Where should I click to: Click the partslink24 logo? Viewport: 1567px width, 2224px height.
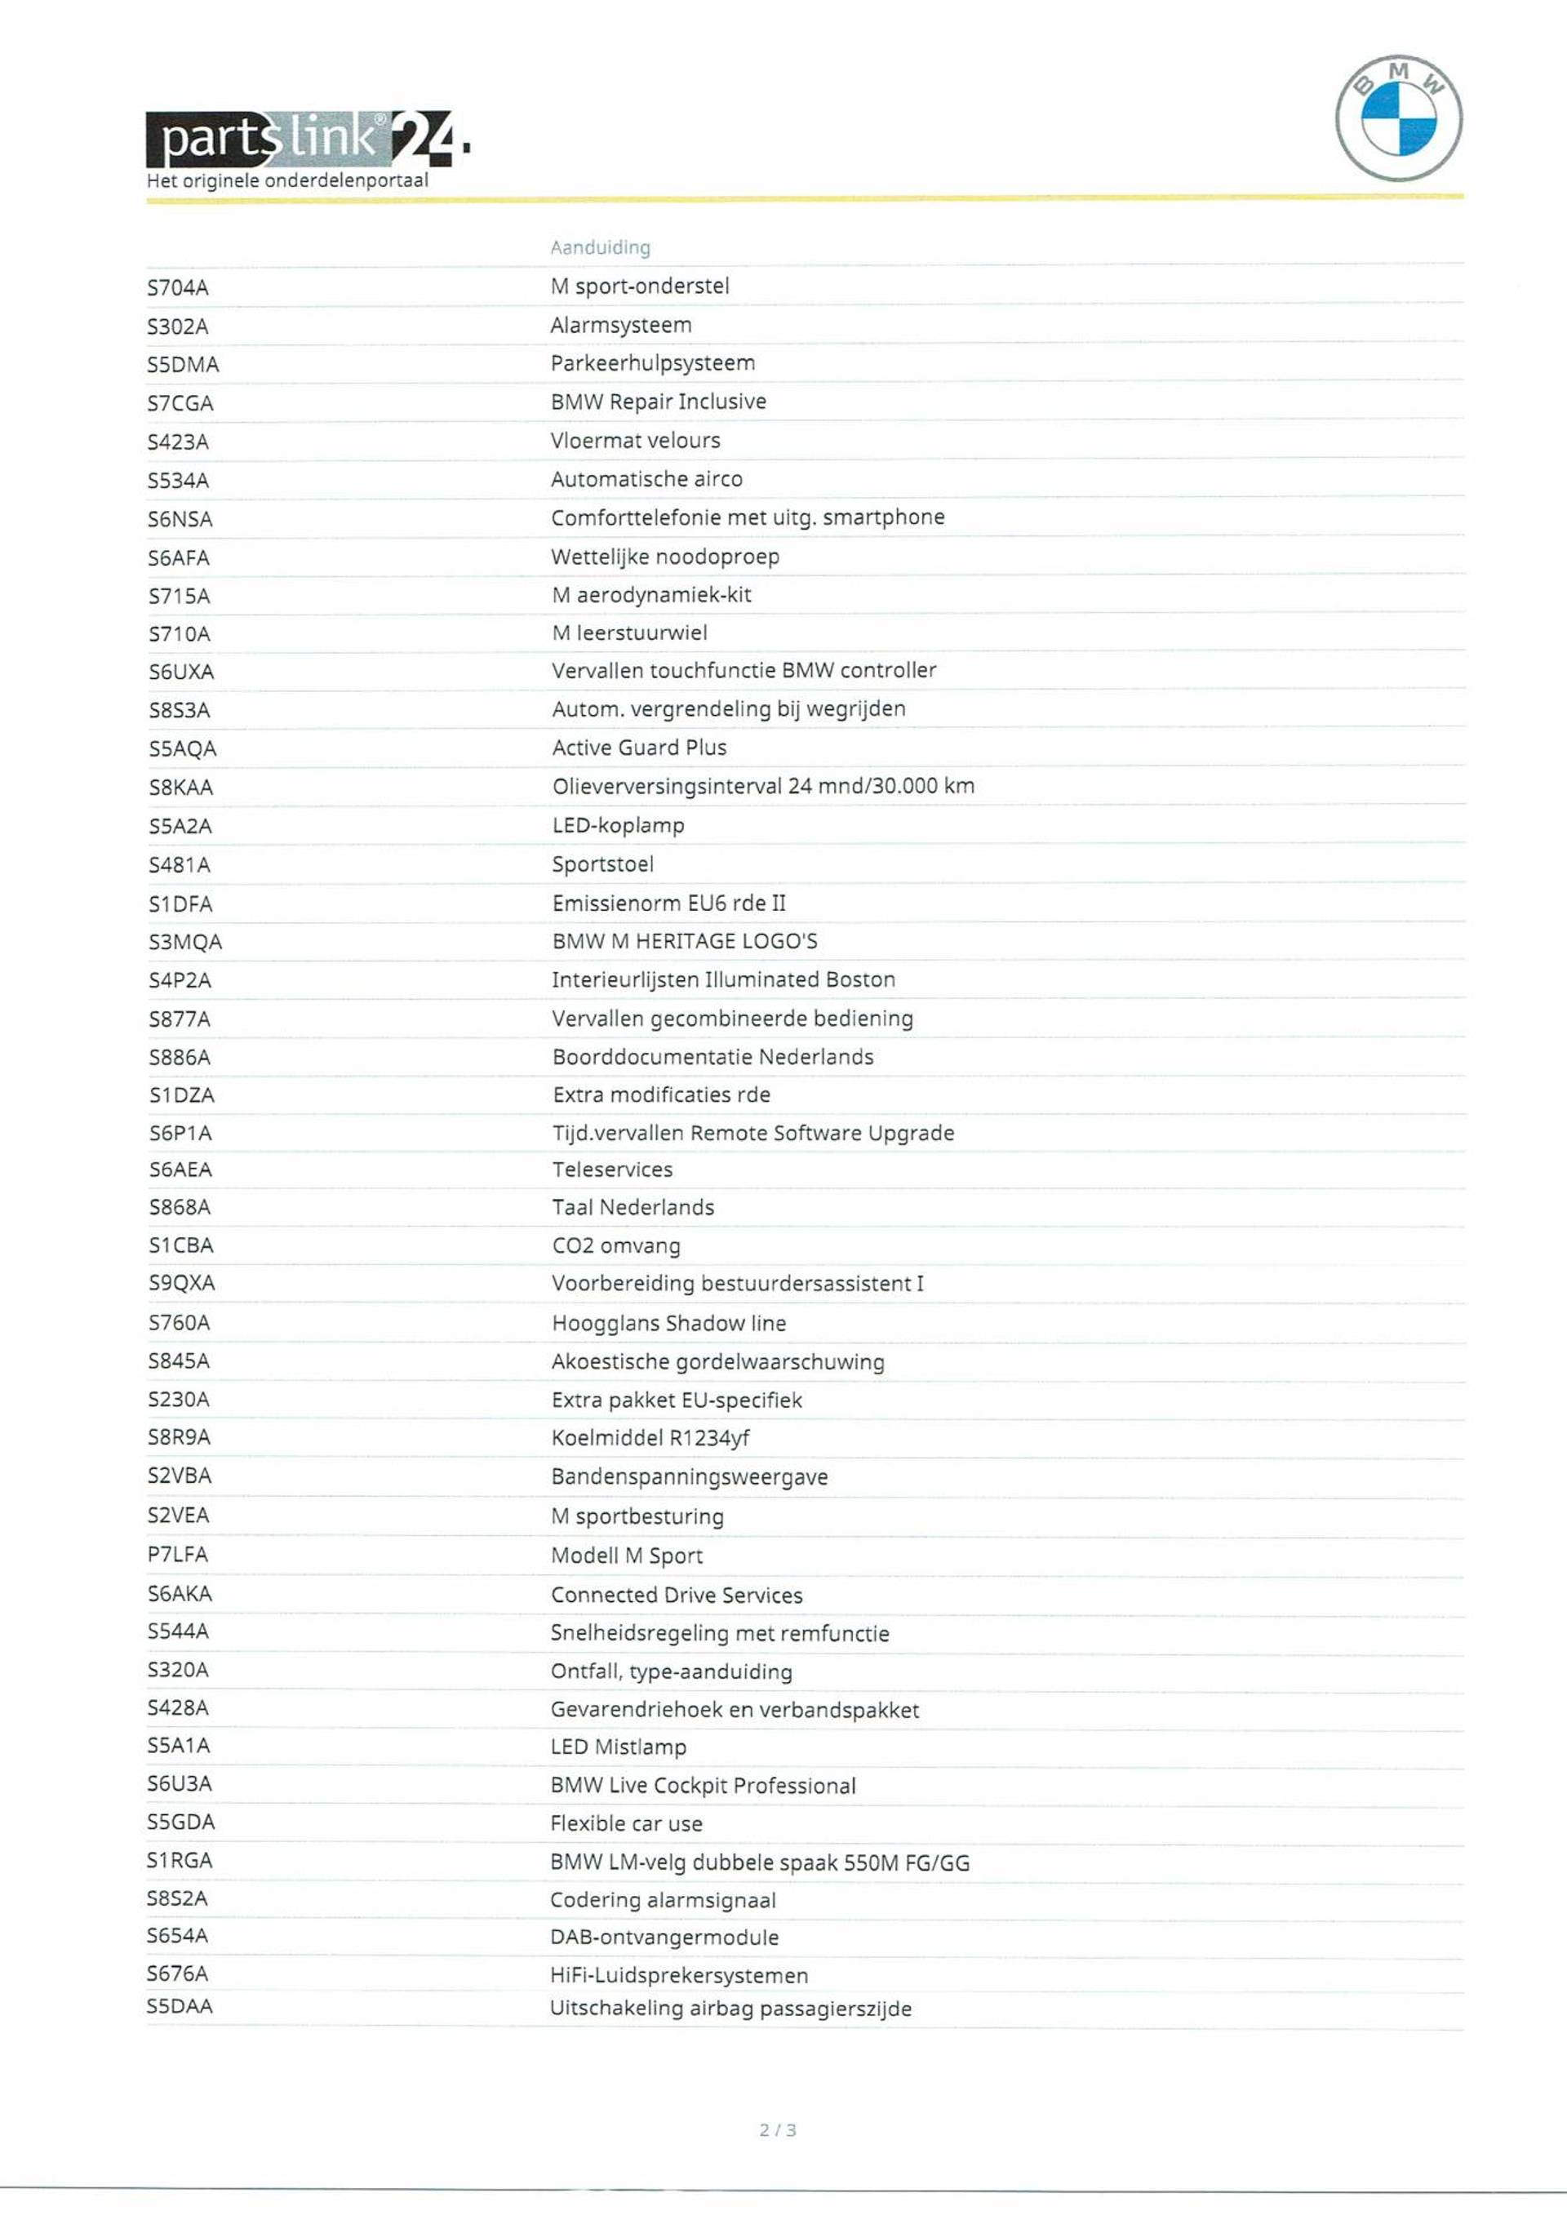pos(307,140)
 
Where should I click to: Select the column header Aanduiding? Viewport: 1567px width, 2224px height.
pos(601,247)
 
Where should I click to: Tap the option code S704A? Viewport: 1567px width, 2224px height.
pos(178,287)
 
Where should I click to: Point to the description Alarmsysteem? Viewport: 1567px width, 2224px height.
pos(621,326)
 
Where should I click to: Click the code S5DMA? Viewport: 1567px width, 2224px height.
pos(183,365)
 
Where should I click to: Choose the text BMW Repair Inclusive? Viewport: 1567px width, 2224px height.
pos(659,402)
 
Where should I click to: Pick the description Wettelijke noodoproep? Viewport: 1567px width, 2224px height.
pos(665,557)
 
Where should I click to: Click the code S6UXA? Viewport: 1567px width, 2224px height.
pos(181,673)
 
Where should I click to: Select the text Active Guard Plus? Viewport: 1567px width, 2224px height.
pos(639,748)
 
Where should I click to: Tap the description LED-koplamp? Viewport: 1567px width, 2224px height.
pos(618,825)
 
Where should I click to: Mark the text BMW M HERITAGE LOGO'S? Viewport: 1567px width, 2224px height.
pos(685,942)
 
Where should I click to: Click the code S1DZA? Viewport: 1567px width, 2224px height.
pos(181,1095)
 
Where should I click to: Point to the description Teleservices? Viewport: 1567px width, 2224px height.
pos(612,1170)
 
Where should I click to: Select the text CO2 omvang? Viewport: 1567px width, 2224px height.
pos(616,1245)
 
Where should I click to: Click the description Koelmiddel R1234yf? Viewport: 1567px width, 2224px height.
pos(650,1438)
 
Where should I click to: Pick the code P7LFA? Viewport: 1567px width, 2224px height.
pos(177,1555)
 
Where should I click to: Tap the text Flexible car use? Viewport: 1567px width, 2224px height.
pos(627,1824)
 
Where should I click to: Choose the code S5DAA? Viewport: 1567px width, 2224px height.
pos(180,2006)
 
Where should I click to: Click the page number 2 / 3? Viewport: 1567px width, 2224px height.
pos(778,2130)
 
